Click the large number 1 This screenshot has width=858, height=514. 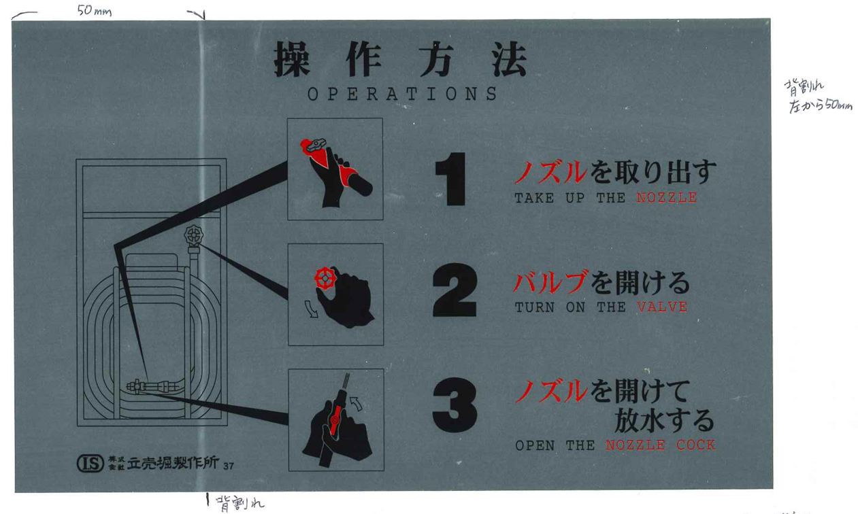[x=452, y=179]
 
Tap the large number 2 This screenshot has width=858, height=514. [x=455, y=290]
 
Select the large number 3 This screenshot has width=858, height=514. [x=455, y=405]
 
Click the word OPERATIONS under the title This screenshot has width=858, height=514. [x=402, y=94]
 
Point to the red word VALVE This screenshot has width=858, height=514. [x=662, y=307]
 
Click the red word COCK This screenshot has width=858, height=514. [x=696, y=445]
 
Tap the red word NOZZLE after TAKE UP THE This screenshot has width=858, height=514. [x=667, y=197]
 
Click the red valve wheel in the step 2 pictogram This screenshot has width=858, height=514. [x=325, y=279]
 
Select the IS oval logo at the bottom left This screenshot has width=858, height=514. [x=90, y=464]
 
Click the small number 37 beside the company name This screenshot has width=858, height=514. [x=229, y=466]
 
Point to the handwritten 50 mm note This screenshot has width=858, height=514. [x=94, y=11]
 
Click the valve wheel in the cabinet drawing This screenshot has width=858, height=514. [x=194, y=235]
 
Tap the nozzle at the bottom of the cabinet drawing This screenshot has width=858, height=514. [x=153, y=385]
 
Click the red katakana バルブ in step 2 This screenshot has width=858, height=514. [x=550, y=282]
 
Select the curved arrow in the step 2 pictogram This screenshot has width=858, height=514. [x=311, y=309]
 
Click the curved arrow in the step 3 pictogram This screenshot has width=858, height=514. [x=357, y=403]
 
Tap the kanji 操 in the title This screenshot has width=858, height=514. [x=291, y=59]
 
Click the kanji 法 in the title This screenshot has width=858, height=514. [x=510, y=59]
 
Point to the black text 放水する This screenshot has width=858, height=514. [x=664, y=420]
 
